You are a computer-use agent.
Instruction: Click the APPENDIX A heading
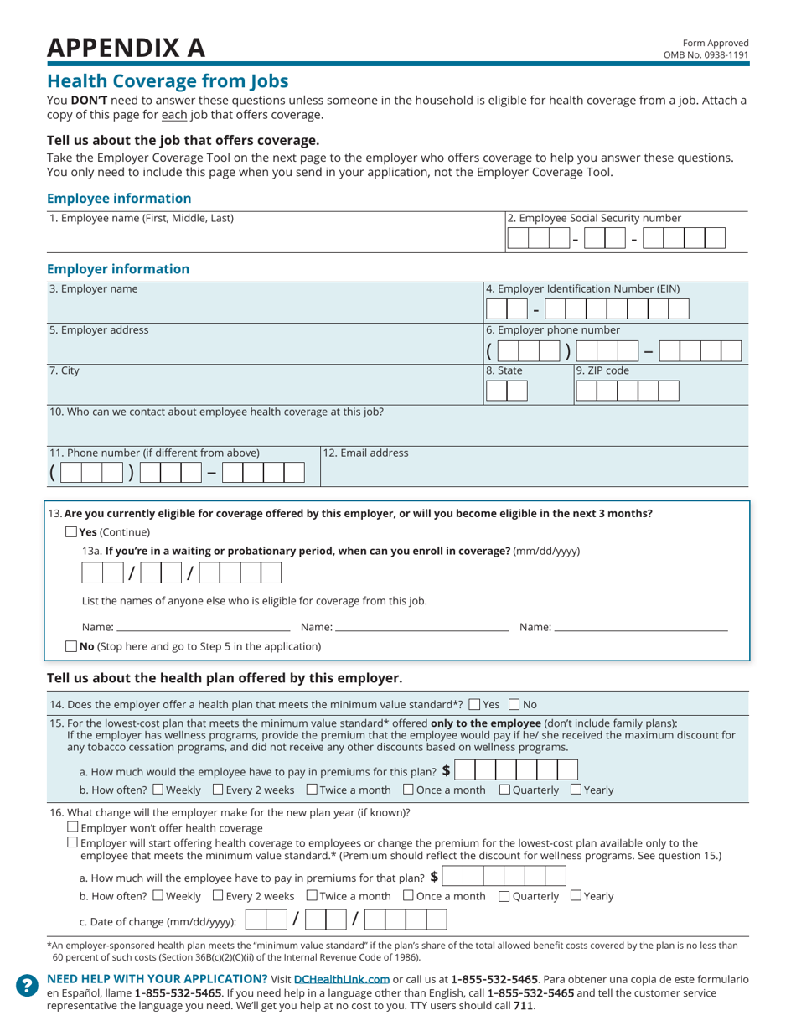click(126, 48)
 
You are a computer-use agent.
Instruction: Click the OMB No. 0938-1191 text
click(706, 55)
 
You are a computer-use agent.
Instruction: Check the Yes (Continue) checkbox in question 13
click(71, 532)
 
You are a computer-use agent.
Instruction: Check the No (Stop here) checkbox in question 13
click(71, 646)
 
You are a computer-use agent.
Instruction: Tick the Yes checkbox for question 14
click(475, 704)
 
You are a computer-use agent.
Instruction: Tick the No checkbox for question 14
click(514, 704)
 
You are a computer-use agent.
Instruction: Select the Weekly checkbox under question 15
click(158, 790)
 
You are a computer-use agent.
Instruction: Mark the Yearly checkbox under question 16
click(576, 896)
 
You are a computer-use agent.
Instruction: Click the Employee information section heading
click(119, 199)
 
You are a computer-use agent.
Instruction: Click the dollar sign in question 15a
click(446, 769)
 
